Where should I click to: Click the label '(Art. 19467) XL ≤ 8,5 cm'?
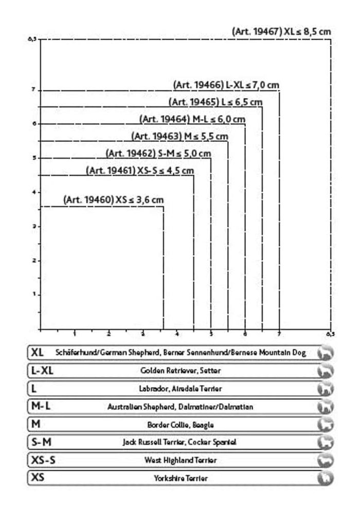[281, 31]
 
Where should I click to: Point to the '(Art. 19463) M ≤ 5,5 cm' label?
[179, 136]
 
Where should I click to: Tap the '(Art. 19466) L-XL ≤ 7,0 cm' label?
[226, 85]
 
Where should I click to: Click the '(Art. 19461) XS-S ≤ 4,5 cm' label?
[140, 170]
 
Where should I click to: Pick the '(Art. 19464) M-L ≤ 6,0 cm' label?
[192, 119]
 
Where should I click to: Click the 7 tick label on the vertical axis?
[33, 90]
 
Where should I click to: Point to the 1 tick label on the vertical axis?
[33, 295]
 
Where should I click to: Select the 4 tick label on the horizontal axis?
[177, 335]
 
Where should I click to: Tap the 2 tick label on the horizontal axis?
[109, 335]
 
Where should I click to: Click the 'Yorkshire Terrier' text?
[181, 479]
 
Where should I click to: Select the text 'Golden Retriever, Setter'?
[181, 371]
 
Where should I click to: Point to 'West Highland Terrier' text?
[181, 461]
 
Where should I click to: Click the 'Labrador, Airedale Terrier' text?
[181, 389]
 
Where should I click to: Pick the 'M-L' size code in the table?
[41, 406]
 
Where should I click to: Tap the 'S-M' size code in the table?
[41, 442]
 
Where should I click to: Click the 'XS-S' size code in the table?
[43, 460]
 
